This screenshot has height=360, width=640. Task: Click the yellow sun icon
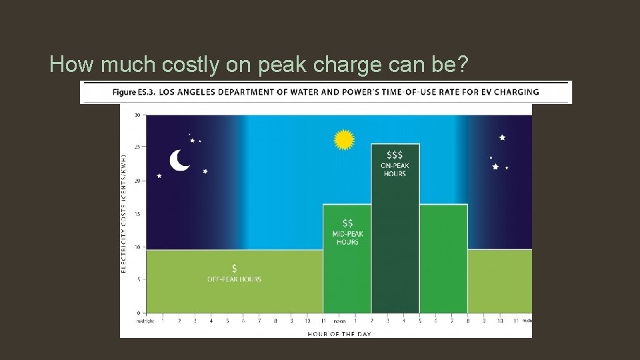pyautogui.click(x=344, y=139)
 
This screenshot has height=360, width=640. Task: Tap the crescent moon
pyautogui.click(x=179, y=160)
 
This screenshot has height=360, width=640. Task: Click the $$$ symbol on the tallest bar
pyautogui.click(x=395, y=153)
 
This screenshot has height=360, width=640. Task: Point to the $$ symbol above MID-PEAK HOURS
pyautogui.click(x=347, y=223)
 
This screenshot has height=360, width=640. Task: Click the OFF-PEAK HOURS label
pyautogui.click(x=234, y=279)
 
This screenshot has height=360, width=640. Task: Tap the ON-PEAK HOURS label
pyautogui.click(x=395, y=169)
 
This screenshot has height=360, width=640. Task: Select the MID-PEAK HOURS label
pyautogui.click(x=347, y=237)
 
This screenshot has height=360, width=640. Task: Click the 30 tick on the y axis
pyautogui.click(x=137, y=115)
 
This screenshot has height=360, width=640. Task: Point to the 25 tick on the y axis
pyautogui.click(x=137, y=147)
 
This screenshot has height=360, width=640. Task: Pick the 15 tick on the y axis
pyautogui.click(x=137, y=213)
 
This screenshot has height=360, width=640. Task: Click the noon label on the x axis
pyautogui.click(x=339, y=321)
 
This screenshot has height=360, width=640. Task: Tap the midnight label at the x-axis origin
pyautogui.click(x=145, y=321)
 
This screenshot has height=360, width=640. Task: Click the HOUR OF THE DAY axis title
pyautogui.click(x=339, y=333)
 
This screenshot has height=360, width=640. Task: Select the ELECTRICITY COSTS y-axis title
pyautogui.click(x=125, y=213)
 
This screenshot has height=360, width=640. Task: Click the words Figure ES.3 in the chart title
pyautogui.click(x=134, y=92)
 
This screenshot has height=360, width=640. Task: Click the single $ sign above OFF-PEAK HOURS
pyautogui.click(x=234, y=268)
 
